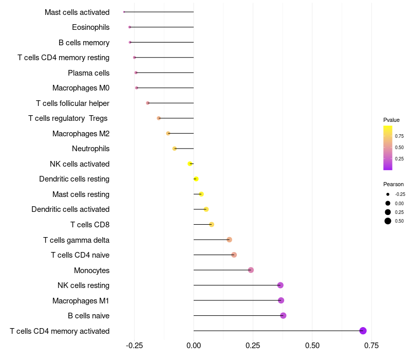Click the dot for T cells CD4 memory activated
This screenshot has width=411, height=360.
tap(363, 331)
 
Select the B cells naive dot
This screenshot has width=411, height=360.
tap(283, 316)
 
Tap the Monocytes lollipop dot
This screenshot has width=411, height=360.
tap(251, 270)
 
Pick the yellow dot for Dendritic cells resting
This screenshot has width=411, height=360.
tap(196, 179)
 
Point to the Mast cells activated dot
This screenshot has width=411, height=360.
tap(124, 12)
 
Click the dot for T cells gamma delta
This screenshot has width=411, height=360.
tap(229, 240)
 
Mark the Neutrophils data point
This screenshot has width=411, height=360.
tap(175, 149)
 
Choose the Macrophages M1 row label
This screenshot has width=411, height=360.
tap(81, 300)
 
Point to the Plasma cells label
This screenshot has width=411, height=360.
tap(88, 73)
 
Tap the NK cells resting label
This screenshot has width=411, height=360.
tap(83, 285)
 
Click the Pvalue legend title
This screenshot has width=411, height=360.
tap(391, 120)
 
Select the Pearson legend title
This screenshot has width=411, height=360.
tap(393, 184)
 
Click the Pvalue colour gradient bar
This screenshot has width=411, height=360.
tap(387, 148)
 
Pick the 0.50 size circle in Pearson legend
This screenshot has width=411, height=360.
tap(388, 221)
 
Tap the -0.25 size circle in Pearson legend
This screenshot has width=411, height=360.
tap(388, 194)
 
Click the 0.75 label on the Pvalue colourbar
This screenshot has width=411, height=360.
tap(399, 136)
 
